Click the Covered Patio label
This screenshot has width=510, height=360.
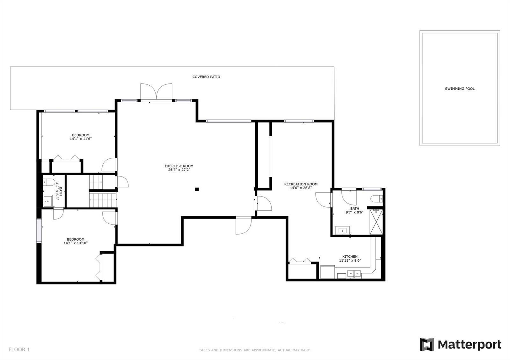tap(206, 77)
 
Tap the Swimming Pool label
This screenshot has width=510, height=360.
tap(460, 89)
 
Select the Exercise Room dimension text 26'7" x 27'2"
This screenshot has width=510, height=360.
tap(179, 170)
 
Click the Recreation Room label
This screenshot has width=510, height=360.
tap(301, 184)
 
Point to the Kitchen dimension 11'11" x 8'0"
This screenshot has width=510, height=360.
tap(350, 260)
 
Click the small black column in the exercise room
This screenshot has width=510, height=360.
tap(197, 189)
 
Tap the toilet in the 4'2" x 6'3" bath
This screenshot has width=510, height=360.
tap(49, 182)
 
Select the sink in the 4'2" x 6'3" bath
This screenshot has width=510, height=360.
tap(47, 201)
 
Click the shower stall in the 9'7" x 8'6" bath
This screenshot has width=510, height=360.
tap(376, 222)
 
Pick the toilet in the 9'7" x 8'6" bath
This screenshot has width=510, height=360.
tap(376, 199)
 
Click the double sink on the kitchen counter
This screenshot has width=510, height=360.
tap(354, 273)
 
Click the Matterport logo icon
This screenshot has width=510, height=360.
tap(427, 344)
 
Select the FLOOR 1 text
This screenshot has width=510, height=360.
tap(19, 349)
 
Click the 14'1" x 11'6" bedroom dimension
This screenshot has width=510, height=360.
tap(81, 139)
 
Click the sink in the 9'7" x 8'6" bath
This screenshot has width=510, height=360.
tap(342, 231)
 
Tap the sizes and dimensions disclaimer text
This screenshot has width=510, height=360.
tap(255, 350)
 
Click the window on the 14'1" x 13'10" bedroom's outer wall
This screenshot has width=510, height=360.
tap(39, 231)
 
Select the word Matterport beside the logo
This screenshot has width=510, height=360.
tap(470, 345)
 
